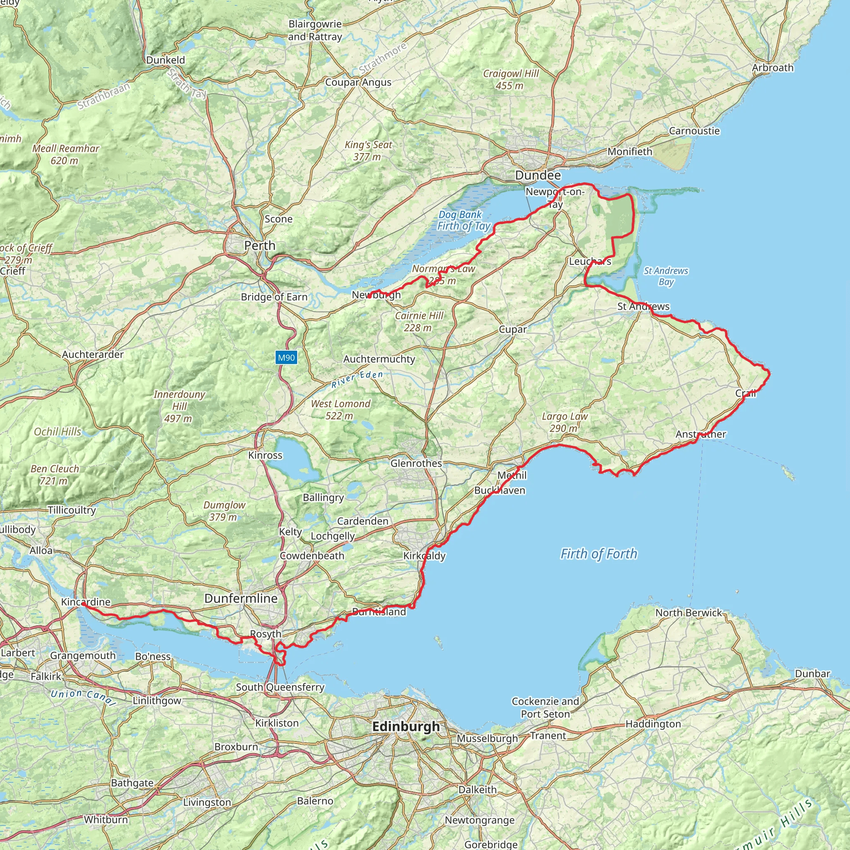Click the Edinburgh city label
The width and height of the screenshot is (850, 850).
coord(405,726)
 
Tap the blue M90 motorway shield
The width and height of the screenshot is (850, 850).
coord(286,357)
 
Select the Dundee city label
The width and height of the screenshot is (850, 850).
coord(537,175)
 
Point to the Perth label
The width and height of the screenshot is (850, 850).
coord(259,246)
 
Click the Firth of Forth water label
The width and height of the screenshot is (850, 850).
coord(598,554)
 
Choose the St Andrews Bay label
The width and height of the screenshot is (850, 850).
coord(666,276)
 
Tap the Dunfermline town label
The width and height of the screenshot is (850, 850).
coord(241,598)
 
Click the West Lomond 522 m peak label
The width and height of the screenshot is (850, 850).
coord(340,410)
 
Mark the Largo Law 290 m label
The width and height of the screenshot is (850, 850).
coord(564,422)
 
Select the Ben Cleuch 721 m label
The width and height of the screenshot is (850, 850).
coord(54,475)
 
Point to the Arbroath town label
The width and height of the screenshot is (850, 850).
coord(772,68)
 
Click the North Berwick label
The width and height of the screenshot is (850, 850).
coord(689,613)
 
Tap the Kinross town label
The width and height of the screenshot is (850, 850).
coord(265,455)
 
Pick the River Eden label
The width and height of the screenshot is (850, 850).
coord(357,379)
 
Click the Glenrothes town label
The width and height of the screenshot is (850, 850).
coord(416,463)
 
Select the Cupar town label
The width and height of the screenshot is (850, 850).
coord(513,330)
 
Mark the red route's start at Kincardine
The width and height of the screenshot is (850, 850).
coord(83,604)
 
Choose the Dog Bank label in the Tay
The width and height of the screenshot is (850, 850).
coord(460,215)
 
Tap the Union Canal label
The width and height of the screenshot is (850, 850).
coord(83,696)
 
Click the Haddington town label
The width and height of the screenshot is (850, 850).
coord(653,724)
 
